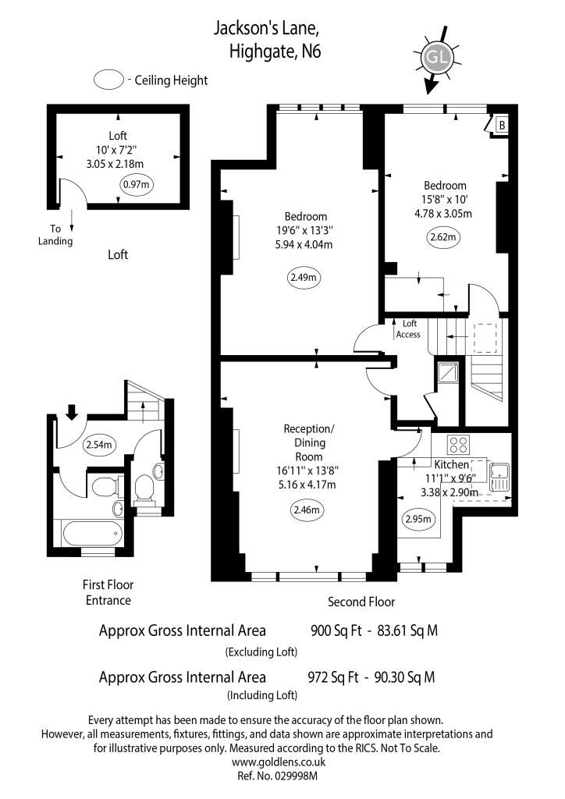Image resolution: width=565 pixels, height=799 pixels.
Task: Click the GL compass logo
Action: (x=435, y=59)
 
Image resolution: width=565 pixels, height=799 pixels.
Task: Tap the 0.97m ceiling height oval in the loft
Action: (x=137, y=185)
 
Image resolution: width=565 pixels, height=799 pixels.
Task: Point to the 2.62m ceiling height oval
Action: (x=443, y=236)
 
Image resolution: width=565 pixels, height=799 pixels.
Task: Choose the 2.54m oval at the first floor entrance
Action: (x=99, y=445)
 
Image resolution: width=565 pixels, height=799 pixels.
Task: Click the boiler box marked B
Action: (x=501, y=124)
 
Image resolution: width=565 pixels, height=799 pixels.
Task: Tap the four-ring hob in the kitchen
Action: (x=457, y=445)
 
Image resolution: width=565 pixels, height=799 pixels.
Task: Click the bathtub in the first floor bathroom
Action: (x=92, y=534)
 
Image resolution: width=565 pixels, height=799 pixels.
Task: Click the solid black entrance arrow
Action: (x=72, y=410)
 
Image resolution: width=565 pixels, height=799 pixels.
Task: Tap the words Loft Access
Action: (x=407, y=329)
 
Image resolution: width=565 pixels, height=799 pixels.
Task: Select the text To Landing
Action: (x=56, y=235)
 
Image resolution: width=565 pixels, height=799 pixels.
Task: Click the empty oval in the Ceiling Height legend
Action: (x=109, y=80)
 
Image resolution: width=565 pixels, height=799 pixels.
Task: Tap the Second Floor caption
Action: (x=361, y=602)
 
